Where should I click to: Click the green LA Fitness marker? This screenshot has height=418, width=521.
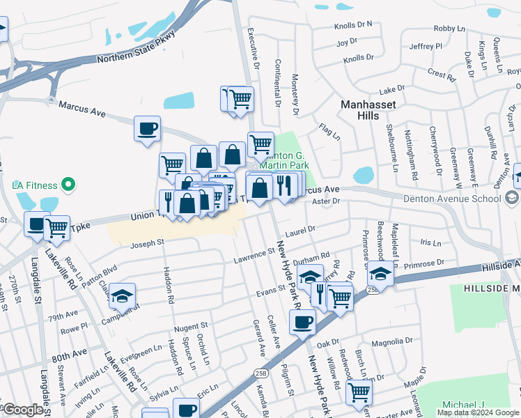coord(68,185)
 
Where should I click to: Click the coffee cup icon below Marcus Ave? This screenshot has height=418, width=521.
coord(147,129)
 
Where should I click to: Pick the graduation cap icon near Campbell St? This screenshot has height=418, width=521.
coord(122,296)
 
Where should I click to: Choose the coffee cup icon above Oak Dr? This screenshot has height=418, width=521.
coord(302,322)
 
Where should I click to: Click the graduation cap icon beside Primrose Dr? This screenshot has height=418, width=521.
coord(380,272)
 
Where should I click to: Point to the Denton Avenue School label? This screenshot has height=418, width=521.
coord(451,199)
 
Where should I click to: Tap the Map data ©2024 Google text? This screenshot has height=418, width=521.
coord(478,412)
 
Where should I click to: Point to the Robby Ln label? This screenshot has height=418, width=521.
coord(449,29)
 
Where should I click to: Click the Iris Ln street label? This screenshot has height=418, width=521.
coord(431,243)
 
